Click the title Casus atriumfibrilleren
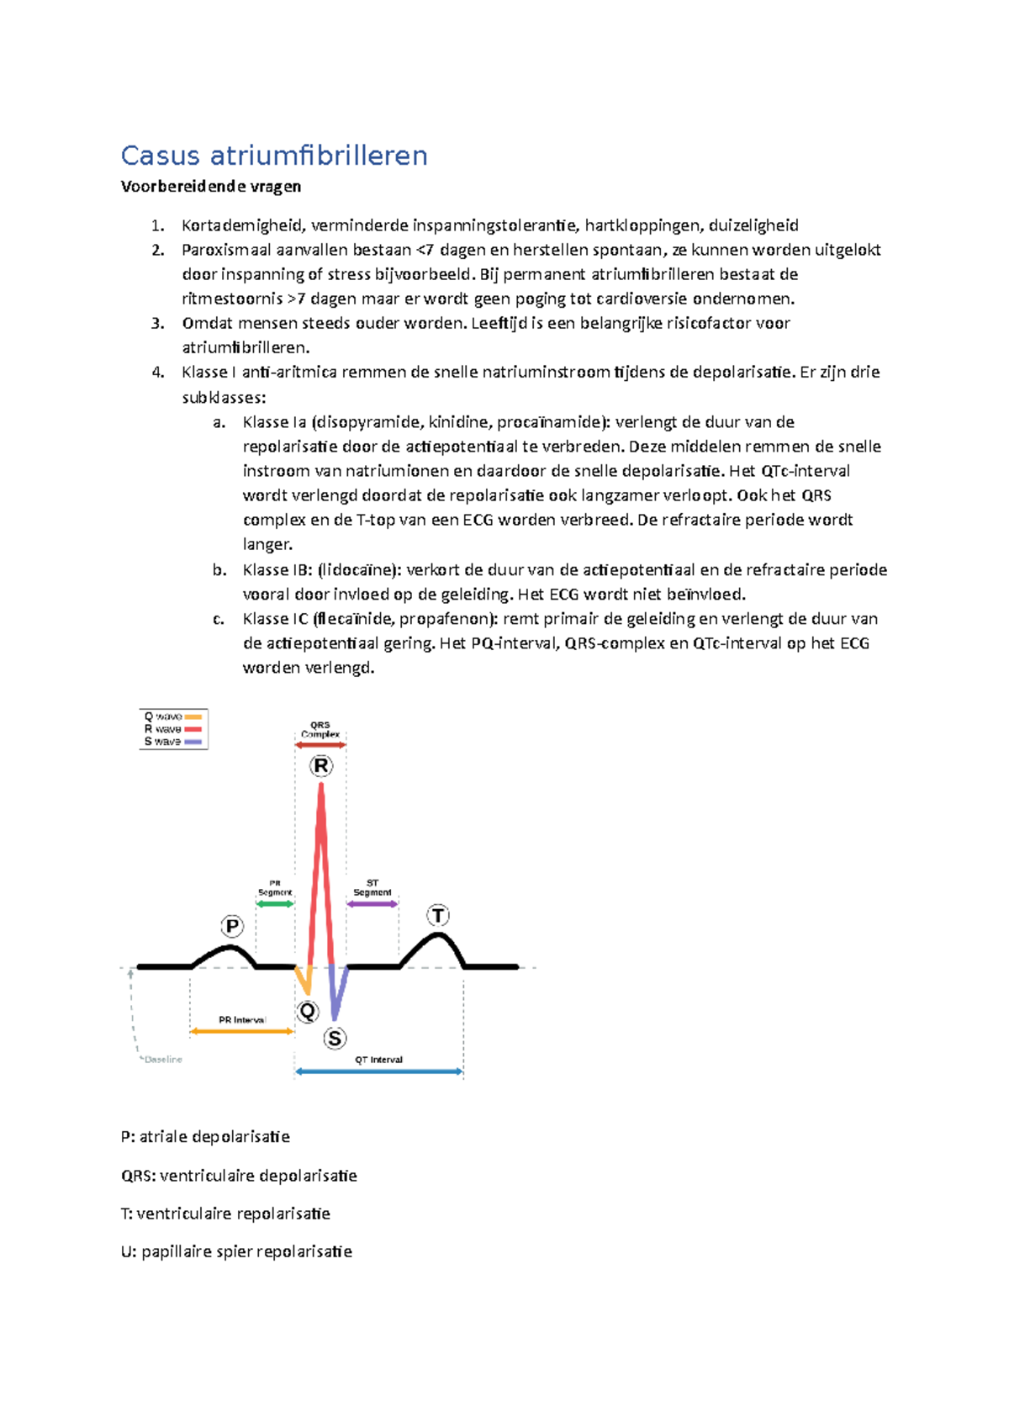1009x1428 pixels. click(274, 156)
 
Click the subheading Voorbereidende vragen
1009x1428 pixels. click(210, 187)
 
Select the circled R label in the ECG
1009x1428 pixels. click(320, 766)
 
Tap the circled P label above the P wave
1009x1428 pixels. click(232, 927)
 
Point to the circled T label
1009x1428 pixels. click(438, 915)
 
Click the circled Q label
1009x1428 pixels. click(308, 1011)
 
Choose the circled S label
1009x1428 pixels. click(335, 1039)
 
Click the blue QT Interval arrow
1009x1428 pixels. click(378, 1071)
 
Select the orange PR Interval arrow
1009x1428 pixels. click(241, 1031)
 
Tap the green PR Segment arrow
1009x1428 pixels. click(275, 904)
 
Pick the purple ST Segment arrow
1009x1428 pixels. click(372, 904)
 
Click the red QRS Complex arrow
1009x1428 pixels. click(320, 745)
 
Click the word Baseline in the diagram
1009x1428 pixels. click(163, 1060)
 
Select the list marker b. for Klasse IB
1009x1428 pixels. click(219, 570)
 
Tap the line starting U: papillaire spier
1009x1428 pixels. click(236, 1251)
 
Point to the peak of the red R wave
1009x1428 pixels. click(320, 787)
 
